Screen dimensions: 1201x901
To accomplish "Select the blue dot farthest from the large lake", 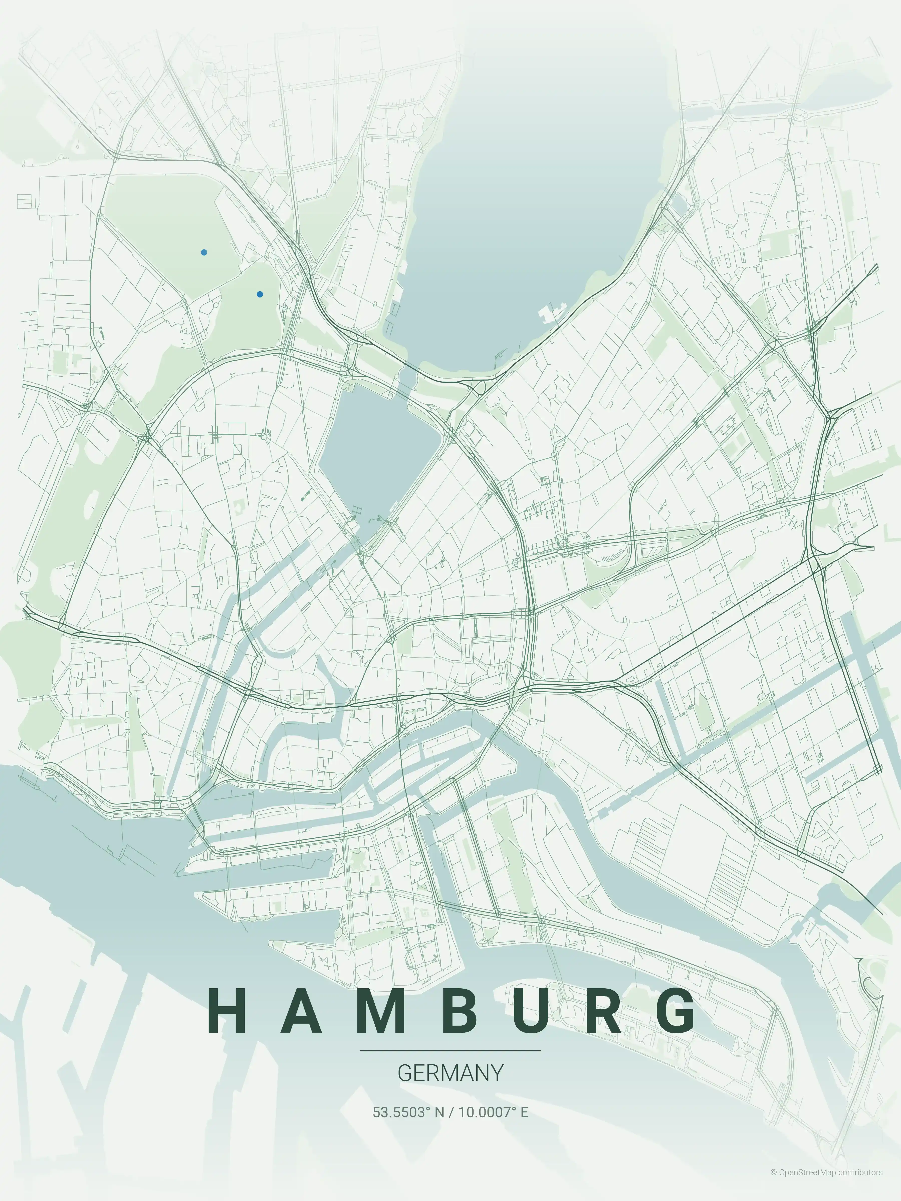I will pos(204,252).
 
